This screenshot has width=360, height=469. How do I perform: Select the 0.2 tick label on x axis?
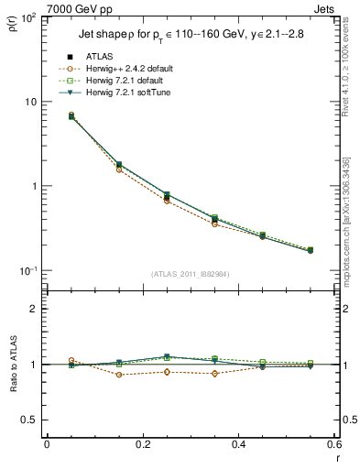[x=143, y=446]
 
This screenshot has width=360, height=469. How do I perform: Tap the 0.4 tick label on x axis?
[x=238, y=446]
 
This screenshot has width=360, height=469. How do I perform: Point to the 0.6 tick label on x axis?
[x=333, y=446]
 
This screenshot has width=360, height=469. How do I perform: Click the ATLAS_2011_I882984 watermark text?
[x=191, y=274]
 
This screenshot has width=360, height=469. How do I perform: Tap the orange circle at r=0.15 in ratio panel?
[x=119, y=375]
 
